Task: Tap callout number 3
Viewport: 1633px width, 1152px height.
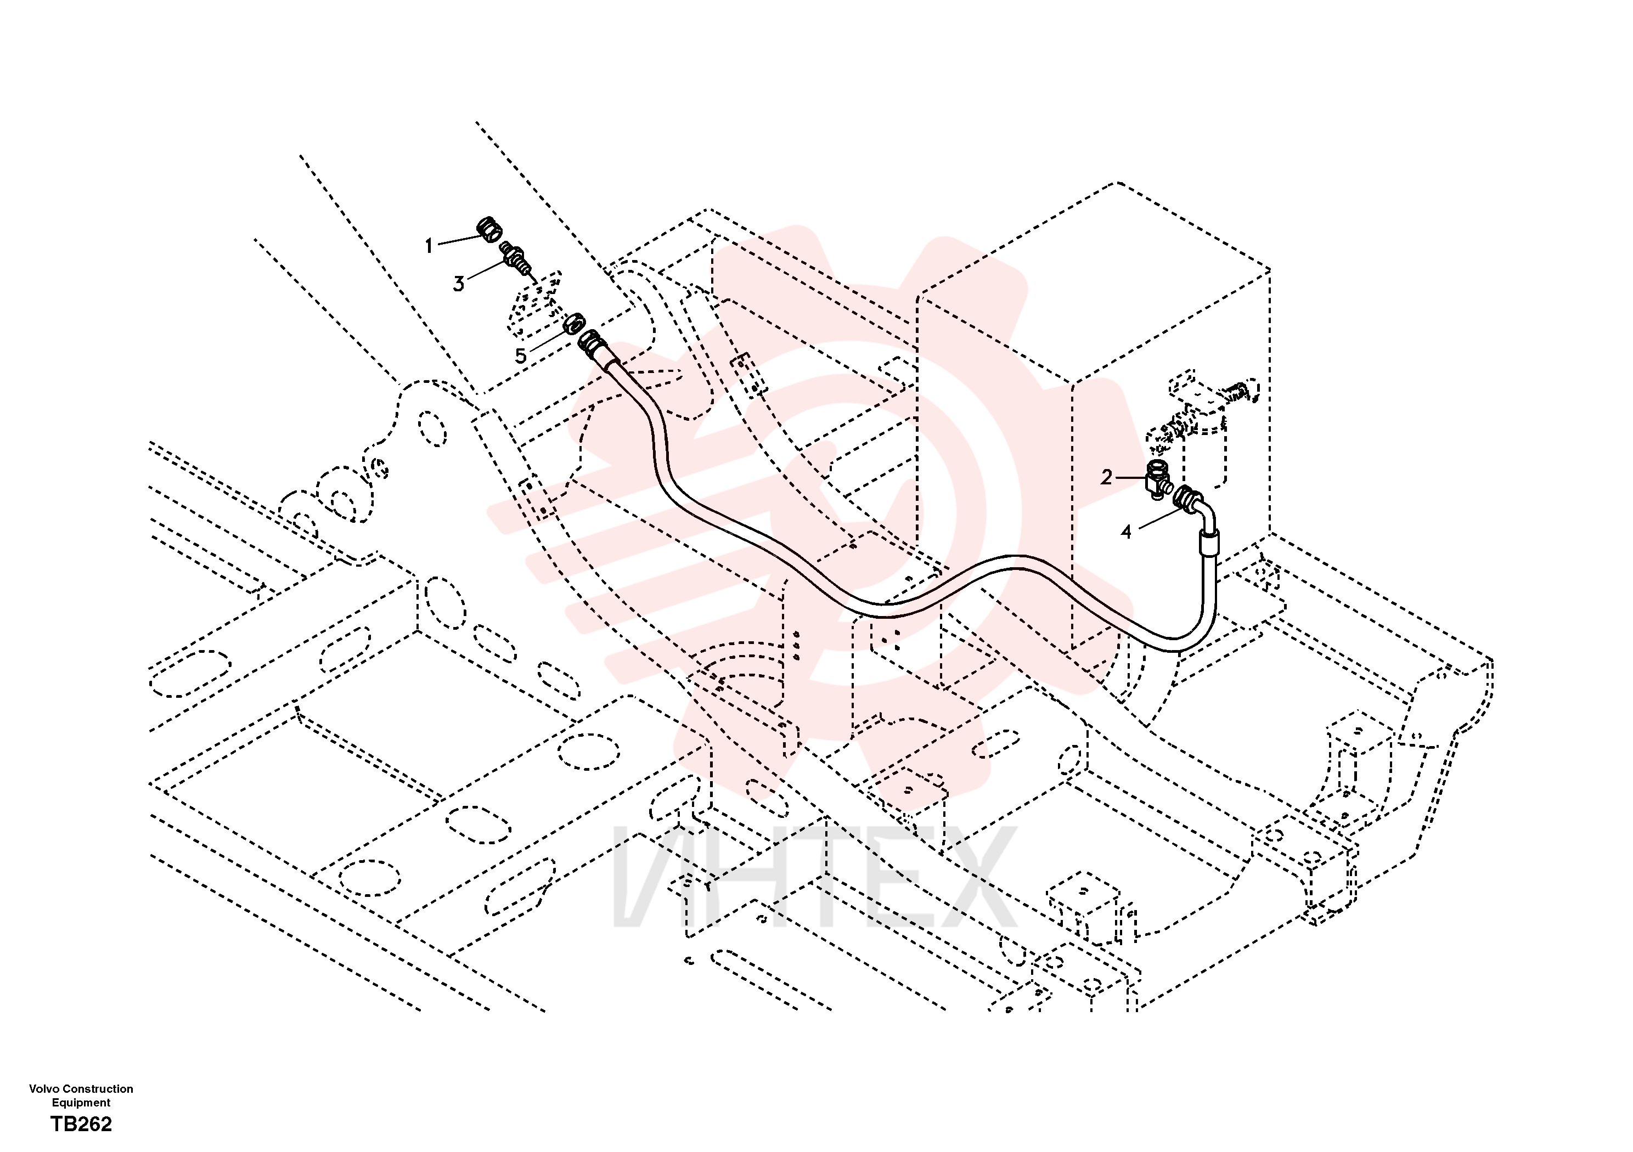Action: [459, 284]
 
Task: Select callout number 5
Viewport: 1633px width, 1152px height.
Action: [521, 355]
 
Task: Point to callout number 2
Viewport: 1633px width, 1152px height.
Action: [1106, 477]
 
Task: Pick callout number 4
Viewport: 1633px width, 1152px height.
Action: [1126, 532]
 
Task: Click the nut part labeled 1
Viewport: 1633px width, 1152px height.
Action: [489, 230]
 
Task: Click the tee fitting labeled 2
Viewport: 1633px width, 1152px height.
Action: [1158, 479]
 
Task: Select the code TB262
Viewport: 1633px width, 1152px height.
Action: [81, 1123]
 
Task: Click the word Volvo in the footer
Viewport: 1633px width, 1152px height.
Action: [44, 1089]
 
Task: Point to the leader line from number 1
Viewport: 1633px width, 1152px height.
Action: [461, 240]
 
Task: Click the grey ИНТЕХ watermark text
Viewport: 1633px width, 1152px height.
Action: [814, 878]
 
